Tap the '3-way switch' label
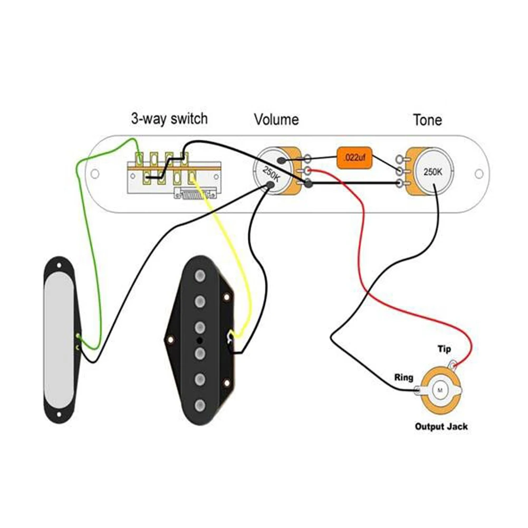coord(169,118)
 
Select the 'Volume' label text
coord(276,120)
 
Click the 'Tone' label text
coord(427,120)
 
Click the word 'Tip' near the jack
coord(444,349)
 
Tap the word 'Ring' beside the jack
coord(404,378)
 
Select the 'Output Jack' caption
coord(441,426)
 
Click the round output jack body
coord(440,390)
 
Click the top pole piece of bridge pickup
coord(200,276)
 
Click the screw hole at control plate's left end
coord(95,174)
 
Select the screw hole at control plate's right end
coord(479,174)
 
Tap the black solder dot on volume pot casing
coord(271,184)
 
